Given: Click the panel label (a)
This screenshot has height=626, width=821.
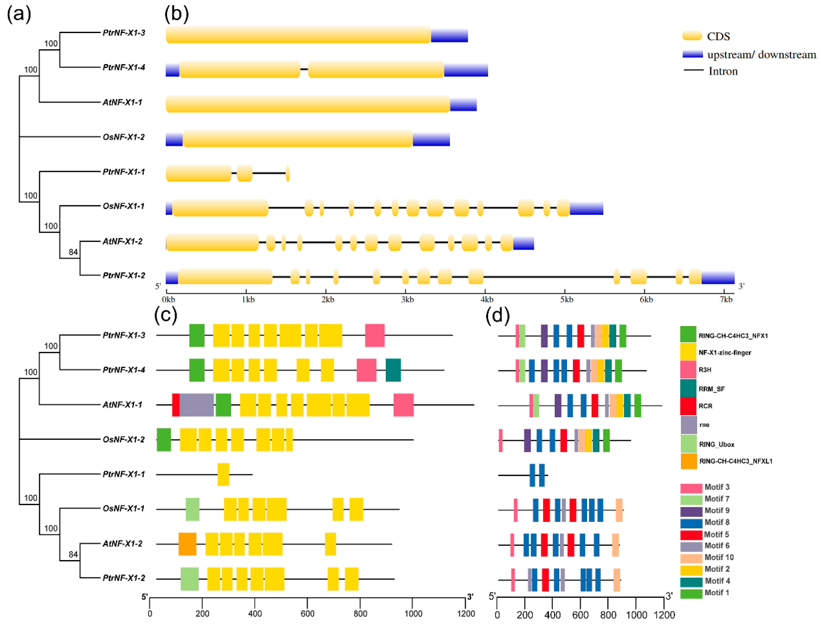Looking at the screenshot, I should click(x=19, y=14).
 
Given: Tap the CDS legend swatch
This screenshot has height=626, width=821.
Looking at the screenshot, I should click(x=692, y=36).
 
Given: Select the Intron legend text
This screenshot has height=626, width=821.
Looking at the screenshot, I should click(x=723, y=71).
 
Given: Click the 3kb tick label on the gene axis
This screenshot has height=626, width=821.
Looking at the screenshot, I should click(x=407, y=299).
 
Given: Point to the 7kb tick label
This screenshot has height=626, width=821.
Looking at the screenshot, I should click(x=726, y=299).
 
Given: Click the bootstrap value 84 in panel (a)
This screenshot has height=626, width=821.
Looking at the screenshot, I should click(x=73, y=252).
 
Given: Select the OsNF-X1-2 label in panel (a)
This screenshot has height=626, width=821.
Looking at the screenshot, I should click(x=123, y=137).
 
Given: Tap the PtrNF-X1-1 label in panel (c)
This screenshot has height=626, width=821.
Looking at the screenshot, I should click(x=123, y=474).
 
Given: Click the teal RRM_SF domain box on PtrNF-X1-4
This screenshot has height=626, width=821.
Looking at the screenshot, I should click(x=393, y=370).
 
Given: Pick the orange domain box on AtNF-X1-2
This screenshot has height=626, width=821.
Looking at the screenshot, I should click(x=187, y=544).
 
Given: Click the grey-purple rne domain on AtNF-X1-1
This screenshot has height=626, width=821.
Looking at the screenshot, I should click(x=197, y=405).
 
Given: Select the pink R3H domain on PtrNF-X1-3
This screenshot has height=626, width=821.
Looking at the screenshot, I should click(x=374, y=335).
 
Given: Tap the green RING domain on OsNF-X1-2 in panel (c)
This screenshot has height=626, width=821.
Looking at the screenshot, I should click(x=164, y=440).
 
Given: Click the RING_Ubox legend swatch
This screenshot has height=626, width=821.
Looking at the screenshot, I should click(x=688, y=444).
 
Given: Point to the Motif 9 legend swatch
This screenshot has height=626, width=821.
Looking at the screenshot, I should click(x=691, y=511).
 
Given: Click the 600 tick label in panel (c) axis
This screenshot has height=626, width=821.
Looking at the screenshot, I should click(x=307, y=614).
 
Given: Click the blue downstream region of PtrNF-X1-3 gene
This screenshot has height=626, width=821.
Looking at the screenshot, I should click(x=449, y=35).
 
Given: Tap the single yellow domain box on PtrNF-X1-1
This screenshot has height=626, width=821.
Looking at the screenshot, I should click(x=223, y=474).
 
